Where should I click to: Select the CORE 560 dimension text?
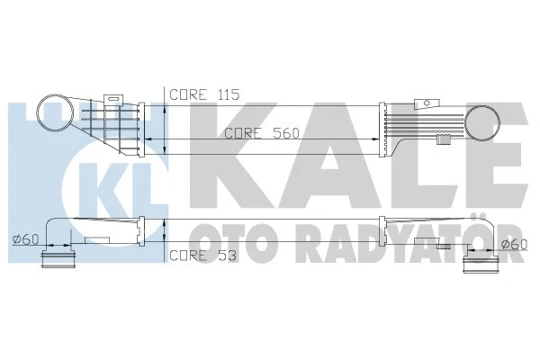(x=261, y=131)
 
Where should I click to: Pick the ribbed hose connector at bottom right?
(x=478, y=264)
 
